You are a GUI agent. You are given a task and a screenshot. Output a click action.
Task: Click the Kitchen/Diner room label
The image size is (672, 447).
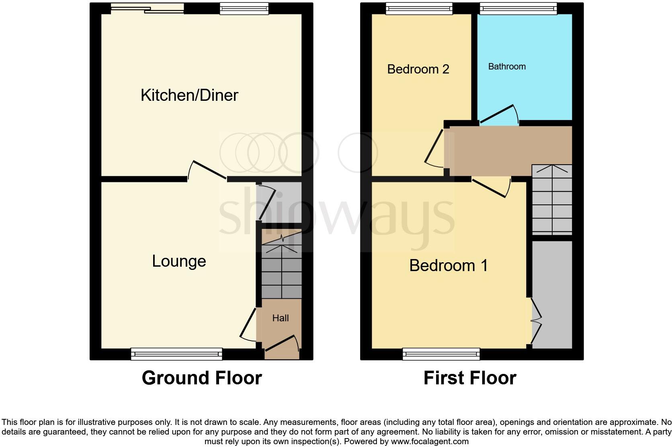point(189,95)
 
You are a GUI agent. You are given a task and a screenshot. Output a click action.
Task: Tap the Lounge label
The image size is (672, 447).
point(179,261)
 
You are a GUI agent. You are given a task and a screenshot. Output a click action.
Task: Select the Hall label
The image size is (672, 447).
point(281,318)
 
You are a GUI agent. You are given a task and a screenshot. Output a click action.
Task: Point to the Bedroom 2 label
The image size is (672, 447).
point(418,69)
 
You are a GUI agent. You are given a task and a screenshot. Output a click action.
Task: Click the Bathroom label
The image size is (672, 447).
point(507,67)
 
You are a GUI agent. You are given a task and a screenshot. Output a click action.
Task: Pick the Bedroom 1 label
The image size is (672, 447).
point(449,265)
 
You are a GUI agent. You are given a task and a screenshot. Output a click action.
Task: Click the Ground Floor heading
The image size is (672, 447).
point(202,378)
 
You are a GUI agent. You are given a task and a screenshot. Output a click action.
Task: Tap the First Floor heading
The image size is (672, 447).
point(470,378)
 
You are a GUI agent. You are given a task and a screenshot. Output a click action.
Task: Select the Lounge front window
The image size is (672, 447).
point(176,353)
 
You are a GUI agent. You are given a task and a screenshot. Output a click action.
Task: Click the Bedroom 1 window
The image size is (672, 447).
point(442,353)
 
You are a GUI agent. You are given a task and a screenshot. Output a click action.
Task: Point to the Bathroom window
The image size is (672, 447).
point(518,8)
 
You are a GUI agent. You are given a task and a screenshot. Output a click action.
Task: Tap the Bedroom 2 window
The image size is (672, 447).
point(419,8)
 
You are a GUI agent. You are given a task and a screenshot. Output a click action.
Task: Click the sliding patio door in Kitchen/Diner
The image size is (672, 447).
point(147,8)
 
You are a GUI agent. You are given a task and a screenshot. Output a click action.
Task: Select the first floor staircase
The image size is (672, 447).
point(552,200)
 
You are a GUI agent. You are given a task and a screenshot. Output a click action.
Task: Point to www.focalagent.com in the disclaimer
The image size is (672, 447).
point(430,441)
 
